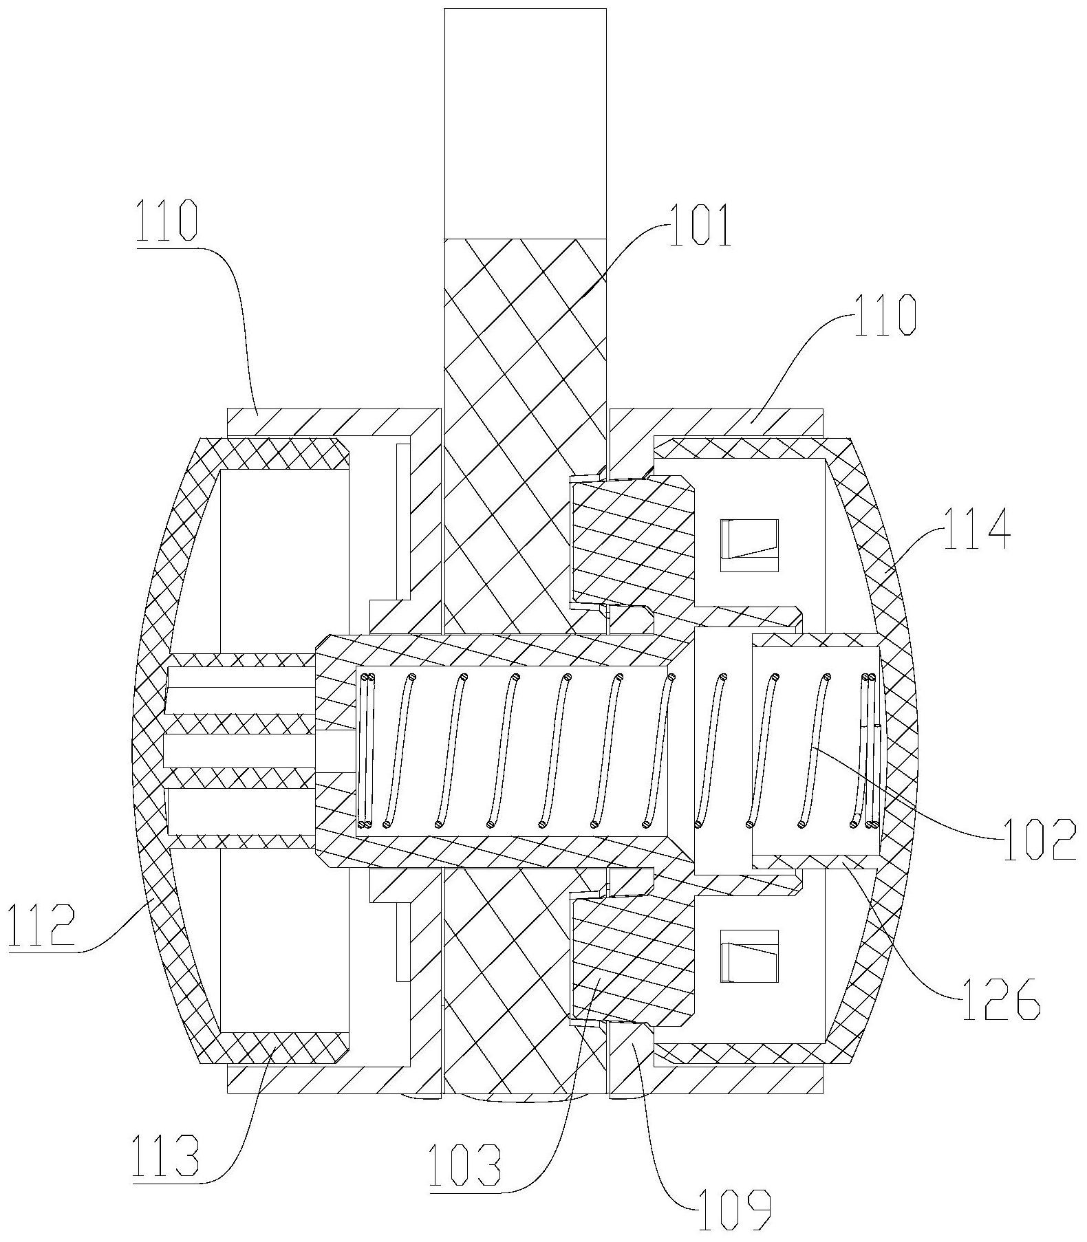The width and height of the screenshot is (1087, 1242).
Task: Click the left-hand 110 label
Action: pos(167,221)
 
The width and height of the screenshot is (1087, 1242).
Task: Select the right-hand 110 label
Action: pos(885,316)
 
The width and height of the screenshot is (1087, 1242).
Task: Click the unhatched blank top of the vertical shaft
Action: pos(525,124)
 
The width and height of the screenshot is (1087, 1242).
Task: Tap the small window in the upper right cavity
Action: pos(749,545)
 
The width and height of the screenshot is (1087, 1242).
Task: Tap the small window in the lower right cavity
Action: pos(749,956)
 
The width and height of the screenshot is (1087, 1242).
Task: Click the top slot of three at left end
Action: pos(237,689)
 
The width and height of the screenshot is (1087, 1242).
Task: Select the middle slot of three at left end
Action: pos(237,751)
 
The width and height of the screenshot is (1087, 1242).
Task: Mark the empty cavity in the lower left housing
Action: pos(282,949)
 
